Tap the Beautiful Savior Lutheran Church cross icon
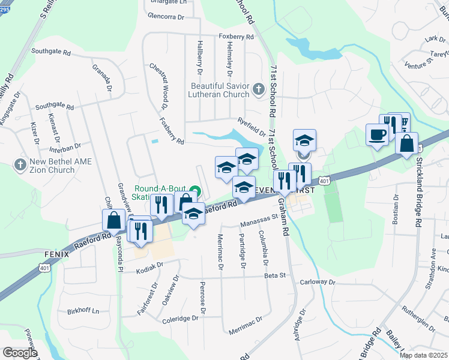point(259,90)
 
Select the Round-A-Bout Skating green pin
point(199,192)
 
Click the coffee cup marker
point(377,135)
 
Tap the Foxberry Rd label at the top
point(237,37)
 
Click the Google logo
point(20,353)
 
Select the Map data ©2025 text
point(423,355)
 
